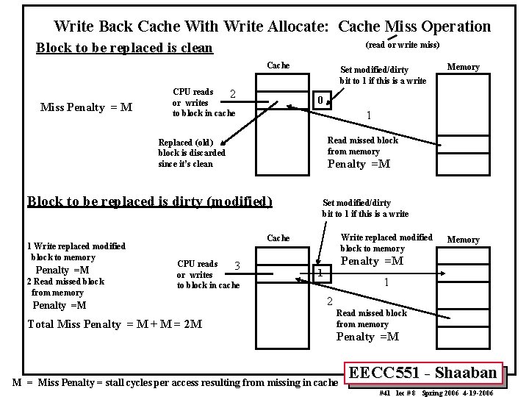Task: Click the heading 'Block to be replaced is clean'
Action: (x=124, y=49)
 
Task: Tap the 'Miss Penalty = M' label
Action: (x=86, y=108)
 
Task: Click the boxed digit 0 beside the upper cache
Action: (x=319, y=99)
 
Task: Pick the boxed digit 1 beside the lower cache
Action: (x=320, y=273)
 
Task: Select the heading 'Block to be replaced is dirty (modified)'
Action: (x=149, y=201)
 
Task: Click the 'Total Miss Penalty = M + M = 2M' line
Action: (x=115, y=323)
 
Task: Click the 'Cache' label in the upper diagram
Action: (x=278, y=65)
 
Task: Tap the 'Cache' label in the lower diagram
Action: (x=278, y=238)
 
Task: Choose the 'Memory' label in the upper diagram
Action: (x=463, y=67)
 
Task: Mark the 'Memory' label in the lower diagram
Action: (x=463, y=240)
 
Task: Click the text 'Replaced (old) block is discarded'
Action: (x=192, y=153)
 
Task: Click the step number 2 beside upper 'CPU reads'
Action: (x=232, y=93)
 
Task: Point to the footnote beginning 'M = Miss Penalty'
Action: (x=176, y=382)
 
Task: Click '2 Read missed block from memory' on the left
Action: (x=65, y=287)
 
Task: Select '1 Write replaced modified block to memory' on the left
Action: (x=76, y=251)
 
